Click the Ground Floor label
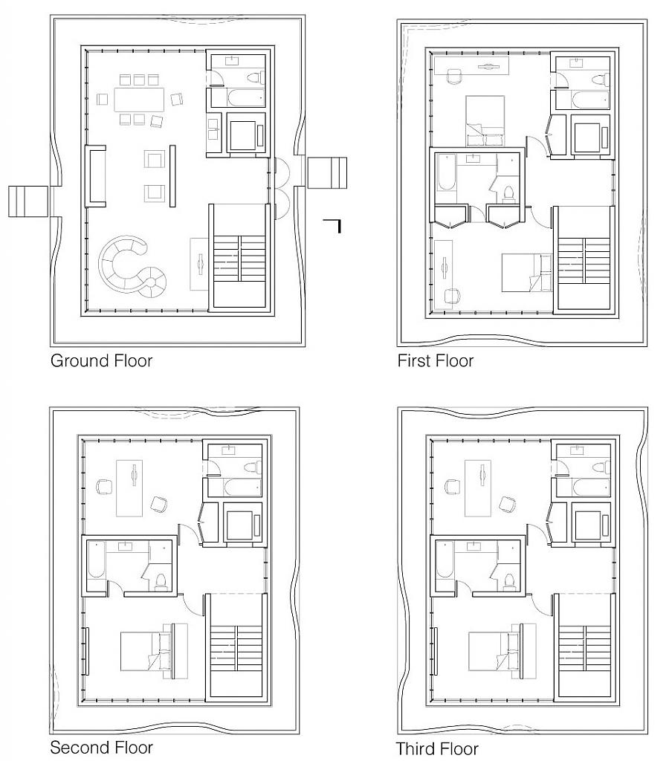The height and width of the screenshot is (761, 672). [x=101, y=362]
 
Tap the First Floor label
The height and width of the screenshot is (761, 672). [x=436, y=362]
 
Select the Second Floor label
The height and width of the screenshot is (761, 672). [x=101, y=747]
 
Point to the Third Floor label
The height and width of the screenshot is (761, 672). [x=436, y=748]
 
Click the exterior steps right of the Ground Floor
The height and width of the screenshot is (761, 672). [x=327, y=172]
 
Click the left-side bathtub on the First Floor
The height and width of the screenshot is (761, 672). [x=445, y=179]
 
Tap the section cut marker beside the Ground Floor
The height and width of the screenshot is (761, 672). [x=334, y=224]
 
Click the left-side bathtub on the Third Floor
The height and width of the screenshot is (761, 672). [x=444, y=569]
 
